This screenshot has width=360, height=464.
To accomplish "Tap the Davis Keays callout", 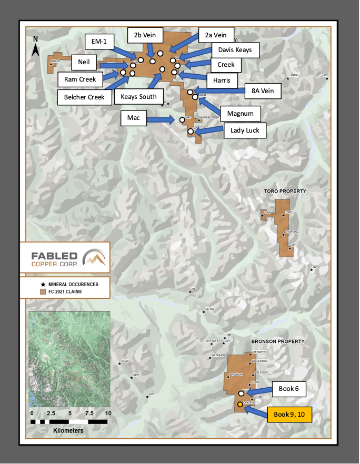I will (235, 51).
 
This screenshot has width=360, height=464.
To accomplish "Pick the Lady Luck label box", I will (245, 130).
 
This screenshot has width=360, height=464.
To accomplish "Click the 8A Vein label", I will (263, 90).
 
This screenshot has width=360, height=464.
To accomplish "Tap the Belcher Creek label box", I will (85, 97).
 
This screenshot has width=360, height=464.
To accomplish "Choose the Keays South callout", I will (138, 97).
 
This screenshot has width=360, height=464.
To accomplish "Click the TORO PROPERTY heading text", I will (286, 190).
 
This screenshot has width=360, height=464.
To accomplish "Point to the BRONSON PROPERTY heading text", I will (277, 341).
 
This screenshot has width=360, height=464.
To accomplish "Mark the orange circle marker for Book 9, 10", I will (240, 405).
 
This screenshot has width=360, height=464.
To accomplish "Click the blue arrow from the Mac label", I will (163, 119).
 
